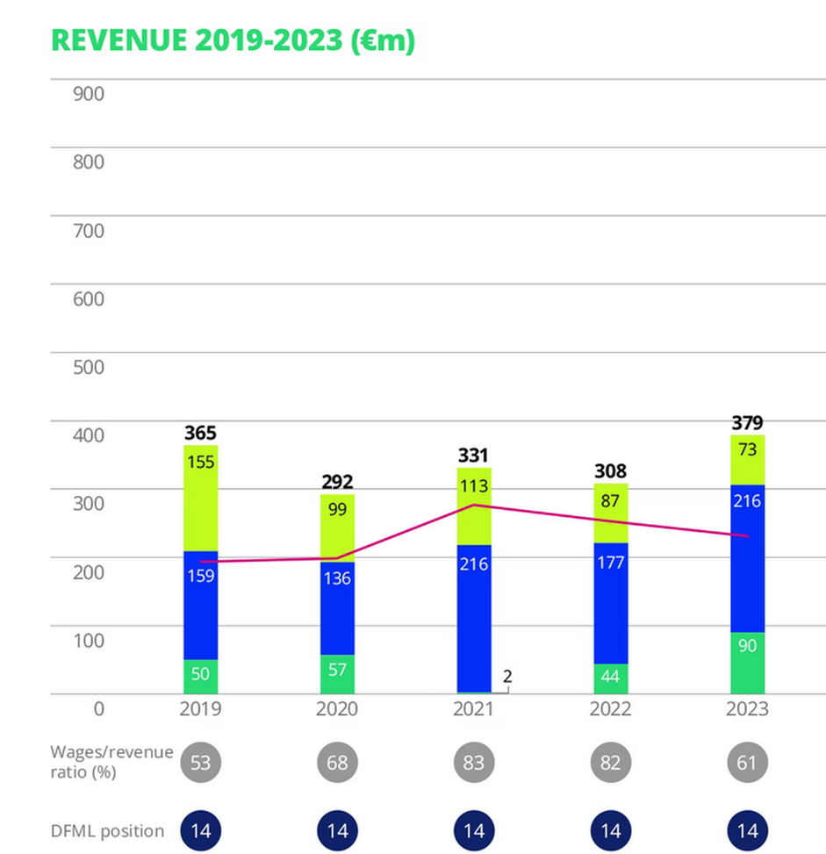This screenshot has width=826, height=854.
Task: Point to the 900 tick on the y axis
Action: click(x=88, y=93)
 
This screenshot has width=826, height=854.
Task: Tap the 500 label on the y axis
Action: click(x=88, y=367)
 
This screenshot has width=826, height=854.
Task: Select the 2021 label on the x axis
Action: click(x=474, y=709)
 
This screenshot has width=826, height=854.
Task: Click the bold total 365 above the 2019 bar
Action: click(x=200, y=433)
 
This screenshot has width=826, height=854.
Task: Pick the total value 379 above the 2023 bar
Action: click(x=748, y=423)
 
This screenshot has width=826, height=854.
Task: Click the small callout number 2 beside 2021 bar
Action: click(x=507, y=677)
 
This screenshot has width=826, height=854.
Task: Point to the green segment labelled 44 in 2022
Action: click(x=610, y=678)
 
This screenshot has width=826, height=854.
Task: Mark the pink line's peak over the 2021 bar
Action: click(x=474, y=505)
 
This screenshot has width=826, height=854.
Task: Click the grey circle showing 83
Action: click(x=474, y=762)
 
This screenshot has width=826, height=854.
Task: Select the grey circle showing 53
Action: click(x=200, y=762)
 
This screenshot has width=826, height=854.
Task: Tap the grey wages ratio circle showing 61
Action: click(x=748, y=762)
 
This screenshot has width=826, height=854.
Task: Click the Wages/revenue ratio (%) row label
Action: click(x=111, y=762)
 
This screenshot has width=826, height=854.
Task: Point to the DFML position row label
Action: click(x=107, y=830)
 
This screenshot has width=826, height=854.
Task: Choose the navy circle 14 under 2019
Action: click(x=200, y=830)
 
